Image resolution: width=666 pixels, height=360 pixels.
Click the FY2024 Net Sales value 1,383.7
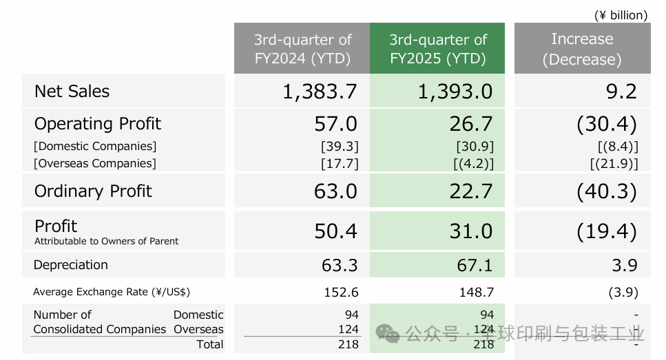pos(320,92)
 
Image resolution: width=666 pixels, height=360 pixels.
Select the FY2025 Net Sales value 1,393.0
pos(455,92)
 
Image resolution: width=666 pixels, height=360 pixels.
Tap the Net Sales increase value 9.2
pos(623,92)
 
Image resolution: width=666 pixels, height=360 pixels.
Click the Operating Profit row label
pos(98,124)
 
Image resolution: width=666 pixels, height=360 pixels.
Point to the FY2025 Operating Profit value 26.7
pos(471,124)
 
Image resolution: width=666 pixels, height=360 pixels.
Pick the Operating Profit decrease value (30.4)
pos(606,124)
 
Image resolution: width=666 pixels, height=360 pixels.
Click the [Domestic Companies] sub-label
pos(96,146)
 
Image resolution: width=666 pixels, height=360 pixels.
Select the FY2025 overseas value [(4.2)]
pos(475,163)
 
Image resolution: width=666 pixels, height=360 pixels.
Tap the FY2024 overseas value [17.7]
pos(340,163)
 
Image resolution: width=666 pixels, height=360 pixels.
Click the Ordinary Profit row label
pos(94,191)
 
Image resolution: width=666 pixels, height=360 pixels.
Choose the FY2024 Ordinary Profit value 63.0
pos(335,191)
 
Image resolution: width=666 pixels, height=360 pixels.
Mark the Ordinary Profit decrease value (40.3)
pos(606,191)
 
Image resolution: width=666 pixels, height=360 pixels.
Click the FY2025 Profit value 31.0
pos(471,231)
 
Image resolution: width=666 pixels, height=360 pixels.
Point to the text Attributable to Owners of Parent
pos(106,242)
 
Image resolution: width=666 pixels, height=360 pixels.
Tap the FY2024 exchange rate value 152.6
pos(341,292)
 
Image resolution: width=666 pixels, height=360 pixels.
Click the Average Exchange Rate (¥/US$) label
pos(112,292)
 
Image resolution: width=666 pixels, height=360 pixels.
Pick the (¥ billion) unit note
pos(621,14)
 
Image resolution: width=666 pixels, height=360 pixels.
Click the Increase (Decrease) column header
pos(581,49)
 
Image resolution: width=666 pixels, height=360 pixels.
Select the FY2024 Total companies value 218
pos(348,343)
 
